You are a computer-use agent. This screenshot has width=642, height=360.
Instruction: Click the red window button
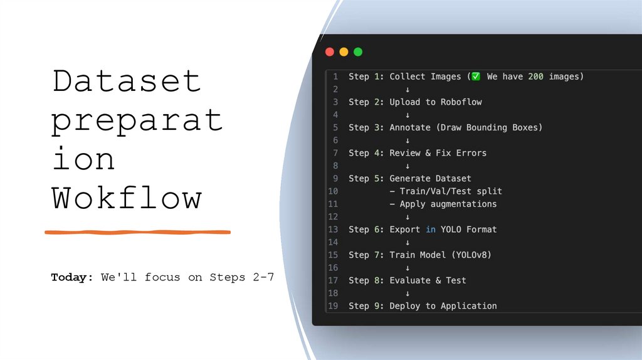tap(330, 52)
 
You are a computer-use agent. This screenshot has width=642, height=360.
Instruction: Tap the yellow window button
tap(344, 52)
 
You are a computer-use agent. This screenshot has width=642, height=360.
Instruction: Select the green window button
tap(358, 52)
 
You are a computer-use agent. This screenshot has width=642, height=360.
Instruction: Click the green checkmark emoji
tap(476, 77)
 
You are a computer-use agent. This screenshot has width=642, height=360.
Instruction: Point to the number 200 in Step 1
tap(535, 77)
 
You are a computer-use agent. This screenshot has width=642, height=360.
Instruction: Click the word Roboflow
tap(461, 102)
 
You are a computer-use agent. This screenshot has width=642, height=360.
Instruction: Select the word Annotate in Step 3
tap(410, 127)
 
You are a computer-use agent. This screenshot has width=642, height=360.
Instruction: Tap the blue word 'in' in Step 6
tap(431, 230)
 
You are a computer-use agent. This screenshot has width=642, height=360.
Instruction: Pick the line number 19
tap(333, 306)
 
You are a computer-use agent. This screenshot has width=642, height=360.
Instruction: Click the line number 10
tap(333, 191)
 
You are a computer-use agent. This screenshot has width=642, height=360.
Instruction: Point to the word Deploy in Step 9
tap(405, 306)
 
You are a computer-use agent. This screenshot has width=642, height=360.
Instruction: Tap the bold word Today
tap(71, 277)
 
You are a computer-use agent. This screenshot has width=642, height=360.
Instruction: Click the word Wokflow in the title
tap(127, 198)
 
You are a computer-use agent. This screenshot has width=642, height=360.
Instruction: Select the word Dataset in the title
tap(127, 82)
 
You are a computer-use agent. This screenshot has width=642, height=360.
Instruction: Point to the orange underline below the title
tap(138, 232)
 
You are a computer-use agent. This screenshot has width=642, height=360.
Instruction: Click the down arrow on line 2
tap(408, 90)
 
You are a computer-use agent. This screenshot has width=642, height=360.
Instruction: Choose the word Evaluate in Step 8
tap(410, 280)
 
